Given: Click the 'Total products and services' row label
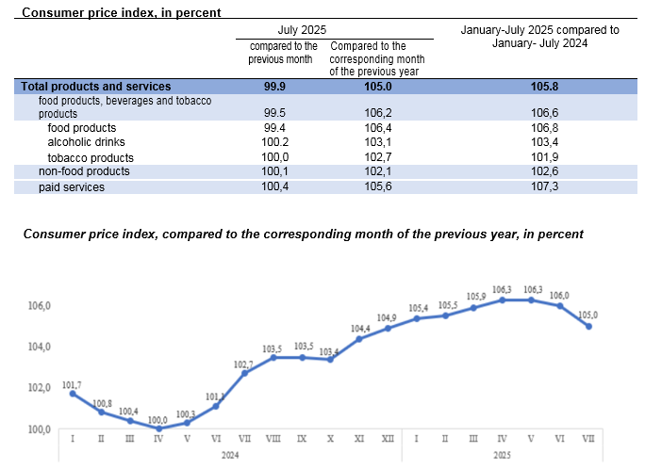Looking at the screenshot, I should point(95,86).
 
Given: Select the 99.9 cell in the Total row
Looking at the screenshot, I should point(276,86).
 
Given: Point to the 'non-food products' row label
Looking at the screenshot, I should point(84,171).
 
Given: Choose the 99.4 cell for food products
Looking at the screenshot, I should point(276,128).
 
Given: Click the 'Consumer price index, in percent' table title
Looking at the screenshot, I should point(122,12).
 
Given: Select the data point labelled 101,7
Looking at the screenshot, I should point(73,394).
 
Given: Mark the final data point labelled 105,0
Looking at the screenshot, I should point(589,326).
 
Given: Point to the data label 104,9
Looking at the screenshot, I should point(388,317).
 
